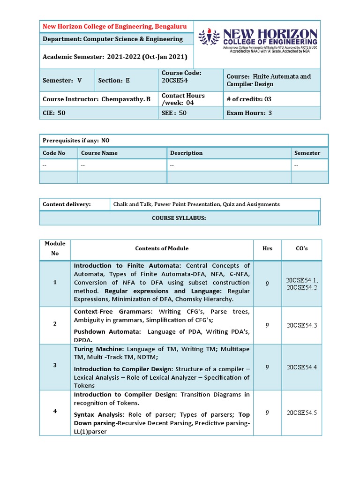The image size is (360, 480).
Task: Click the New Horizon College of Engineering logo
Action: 257,44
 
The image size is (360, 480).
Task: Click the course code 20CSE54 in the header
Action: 175,81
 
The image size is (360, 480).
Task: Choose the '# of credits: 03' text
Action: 249,99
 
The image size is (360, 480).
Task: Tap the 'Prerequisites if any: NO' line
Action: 76,141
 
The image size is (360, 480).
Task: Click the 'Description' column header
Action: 186,153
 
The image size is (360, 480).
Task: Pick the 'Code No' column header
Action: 54,153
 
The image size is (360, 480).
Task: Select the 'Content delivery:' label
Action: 67,204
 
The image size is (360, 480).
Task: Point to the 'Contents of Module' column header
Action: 162,248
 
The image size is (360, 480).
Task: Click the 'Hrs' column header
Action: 267,248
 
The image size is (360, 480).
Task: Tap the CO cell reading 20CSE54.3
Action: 301,325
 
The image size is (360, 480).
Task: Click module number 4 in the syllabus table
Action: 55,412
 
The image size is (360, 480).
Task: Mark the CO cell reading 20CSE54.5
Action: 301,412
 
